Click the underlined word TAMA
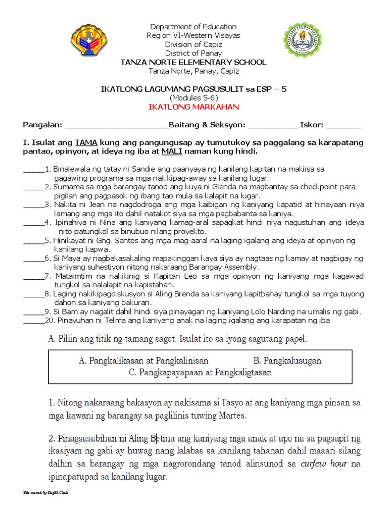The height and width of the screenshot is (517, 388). [x=84, y=143]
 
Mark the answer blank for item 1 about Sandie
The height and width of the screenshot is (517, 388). [x=34, y=169]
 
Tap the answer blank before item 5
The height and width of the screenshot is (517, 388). [x=34, y=240]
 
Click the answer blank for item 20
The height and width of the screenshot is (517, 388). [x=34, y=320]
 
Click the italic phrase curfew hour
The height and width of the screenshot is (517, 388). [x=318, y=463]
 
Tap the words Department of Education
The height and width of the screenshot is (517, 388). [x=194, y=26]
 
